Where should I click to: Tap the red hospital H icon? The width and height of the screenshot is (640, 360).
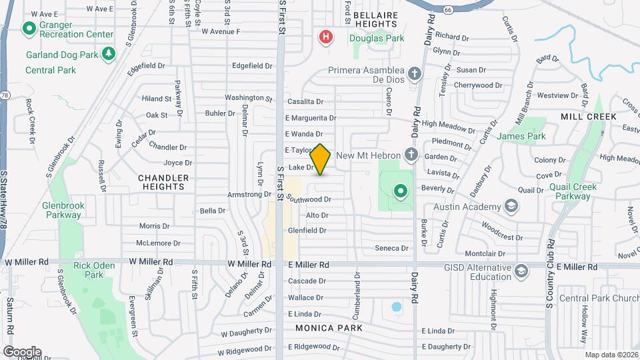325,37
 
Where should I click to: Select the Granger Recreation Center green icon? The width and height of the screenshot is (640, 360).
29,29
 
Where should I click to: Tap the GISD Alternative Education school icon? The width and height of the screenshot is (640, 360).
521,271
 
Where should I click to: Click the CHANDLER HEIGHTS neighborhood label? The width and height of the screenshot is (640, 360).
163,182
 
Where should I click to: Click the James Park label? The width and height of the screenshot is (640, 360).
521,136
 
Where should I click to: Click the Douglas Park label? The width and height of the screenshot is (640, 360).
377,39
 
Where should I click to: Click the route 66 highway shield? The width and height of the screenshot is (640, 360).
448,10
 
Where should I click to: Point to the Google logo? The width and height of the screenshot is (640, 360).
22,352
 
